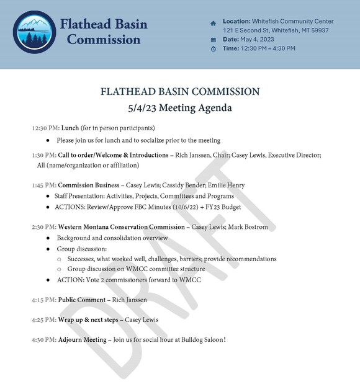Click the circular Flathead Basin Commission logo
[34, 32]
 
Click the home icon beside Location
[214, 22]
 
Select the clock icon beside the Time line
[214, 48]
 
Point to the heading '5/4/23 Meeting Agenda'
[179, 108]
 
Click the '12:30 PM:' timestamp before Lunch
[45, 128]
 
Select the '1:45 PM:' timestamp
[43, 185]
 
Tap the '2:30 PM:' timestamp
[43, 227]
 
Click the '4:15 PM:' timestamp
[43, 300]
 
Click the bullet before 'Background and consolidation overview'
[48, 238]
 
